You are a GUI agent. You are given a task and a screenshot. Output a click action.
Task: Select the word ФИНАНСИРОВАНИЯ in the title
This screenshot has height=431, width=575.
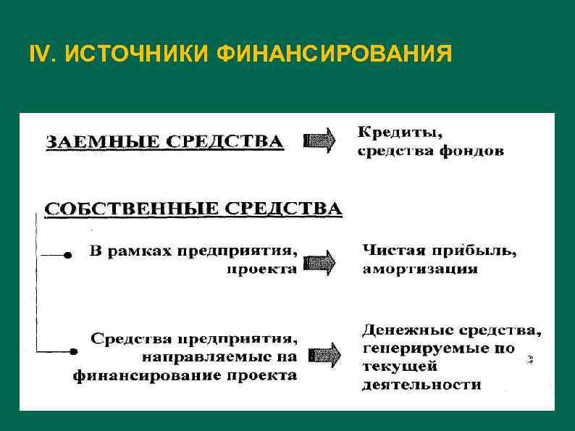coord(333,54)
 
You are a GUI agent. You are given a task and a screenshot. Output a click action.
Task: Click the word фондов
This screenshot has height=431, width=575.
coord(474,152)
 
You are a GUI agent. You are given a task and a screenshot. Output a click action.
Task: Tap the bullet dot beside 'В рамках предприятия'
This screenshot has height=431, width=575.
coord(68,256)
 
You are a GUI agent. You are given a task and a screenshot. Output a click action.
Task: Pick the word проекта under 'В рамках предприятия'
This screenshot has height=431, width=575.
coord(261,269)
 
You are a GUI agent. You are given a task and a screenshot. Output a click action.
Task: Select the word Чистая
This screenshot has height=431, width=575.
coord(394,251)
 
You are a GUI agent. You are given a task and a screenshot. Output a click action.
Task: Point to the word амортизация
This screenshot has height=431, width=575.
coord(420,269)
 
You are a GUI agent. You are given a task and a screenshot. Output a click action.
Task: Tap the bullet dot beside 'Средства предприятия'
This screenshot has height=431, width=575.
coord(73,351)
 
